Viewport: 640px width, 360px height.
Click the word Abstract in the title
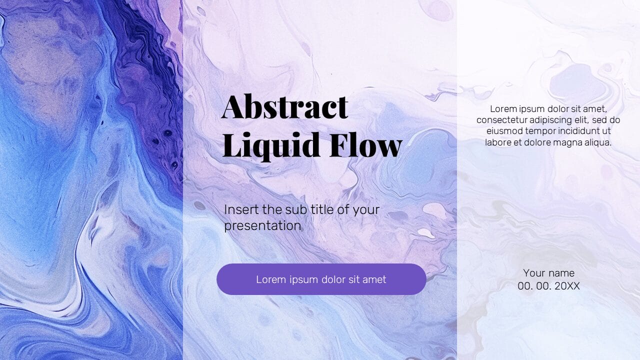284,106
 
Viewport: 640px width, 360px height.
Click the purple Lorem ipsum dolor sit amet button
321,279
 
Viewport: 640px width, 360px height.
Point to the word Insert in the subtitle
239,209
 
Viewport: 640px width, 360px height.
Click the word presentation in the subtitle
262,225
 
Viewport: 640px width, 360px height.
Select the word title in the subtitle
320,209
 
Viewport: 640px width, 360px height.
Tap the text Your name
548,273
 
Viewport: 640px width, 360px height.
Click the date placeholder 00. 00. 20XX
548,286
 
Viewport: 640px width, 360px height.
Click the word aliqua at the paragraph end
596,142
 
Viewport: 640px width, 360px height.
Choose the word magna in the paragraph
565,142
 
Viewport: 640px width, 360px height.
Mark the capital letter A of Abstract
233,106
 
